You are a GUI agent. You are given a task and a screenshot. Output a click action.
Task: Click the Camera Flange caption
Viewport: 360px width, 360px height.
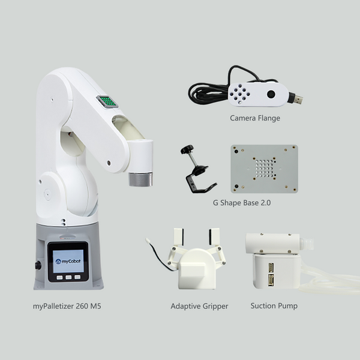pos(255,118)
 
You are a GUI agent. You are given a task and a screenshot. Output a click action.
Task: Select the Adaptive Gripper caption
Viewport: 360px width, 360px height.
pos(199,306)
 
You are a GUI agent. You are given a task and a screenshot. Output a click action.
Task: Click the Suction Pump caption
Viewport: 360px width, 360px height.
pos(274,306)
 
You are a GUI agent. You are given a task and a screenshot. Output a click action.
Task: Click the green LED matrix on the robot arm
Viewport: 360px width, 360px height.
pos(107,101)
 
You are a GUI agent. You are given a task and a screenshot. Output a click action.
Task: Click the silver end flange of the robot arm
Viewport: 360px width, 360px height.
pos(140,179)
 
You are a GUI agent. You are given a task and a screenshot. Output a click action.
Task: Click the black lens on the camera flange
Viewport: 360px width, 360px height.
pos(271,94)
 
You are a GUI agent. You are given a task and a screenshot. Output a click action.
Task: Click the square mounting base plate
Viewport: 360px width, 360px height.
pos(264,169)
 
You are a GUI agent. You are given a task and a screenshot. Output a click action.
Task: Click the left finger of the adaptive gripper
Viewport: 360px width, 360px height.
pos(178,242)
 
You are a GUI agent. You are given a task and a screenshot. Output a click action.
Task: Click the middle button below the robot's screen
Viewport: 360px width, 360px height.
pos(68,278)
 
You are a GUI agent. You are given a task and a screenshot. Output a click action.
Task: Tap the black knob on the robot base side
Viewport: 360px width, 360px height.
pos(38,265)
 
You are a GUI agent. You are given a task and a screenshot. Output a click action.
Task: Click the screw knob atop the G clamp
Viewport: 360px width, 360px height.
pos(187,149)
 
